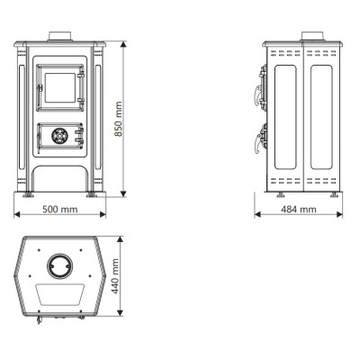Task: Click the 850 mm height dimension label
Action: (x=119, y=119)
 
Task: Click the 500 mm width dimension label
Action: (x=60, y=209)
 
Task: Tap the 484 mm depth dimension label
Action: (x=299, y=209)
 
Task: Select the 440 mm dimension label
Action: (x=115, y=276)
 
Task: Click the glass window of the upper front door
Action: (x=59, y=87)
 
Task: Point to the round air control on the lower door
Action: (x=59, y=136)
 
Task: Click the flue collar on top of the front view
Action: (x=60, y=36)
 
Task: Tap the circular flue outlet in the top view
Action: (x=59, y=266)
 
